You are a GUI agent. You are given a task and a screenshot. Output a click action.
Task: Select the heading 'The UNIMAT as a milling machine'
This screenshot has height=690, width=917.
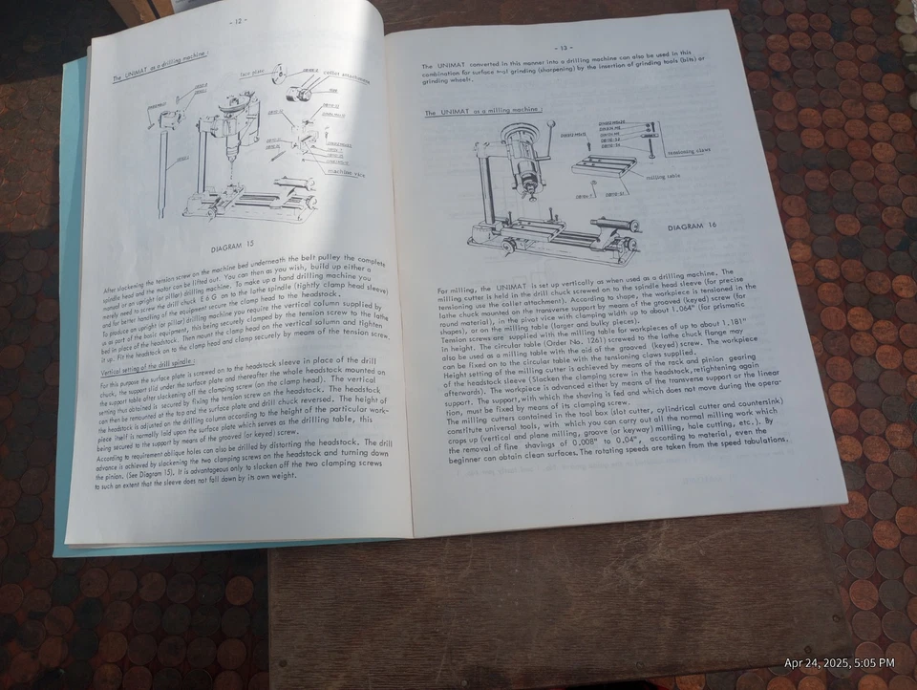(x=482, y=113)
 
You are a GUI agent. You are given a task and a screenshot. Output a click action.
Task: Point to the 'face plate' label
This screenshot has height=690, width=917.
(x=253, y=71)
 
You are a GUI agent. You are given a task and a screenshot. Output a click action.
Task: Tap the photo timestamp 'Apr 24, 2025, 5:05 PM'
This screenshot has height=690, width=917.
(x=839, y=663)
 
